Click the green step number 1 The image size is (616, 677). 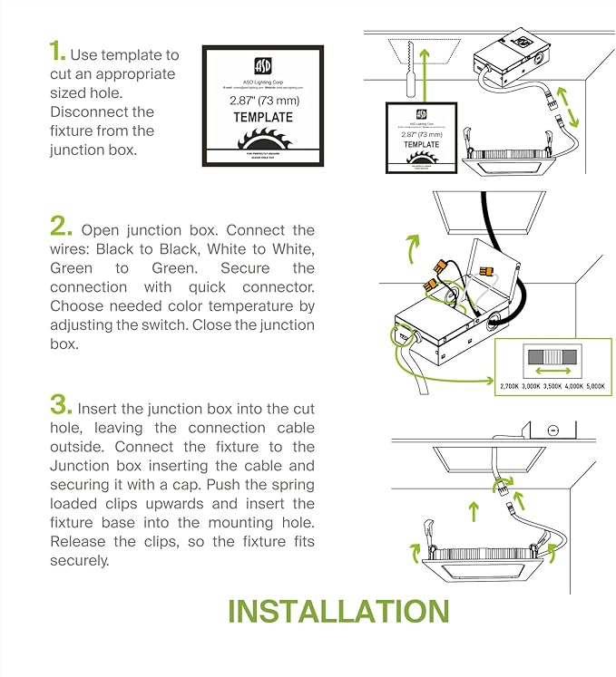[57, 53]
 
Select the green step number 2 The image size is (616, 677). [61, 226]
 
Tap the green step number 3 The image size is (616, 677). [61, 405]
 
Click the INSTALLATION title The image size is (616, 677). [338, 611]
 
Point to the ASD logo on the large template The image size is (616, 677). [262, 66]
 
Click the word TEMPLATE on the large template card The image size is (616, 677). [262, 118]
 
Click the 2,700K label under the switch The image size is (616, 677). [511, 386]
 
